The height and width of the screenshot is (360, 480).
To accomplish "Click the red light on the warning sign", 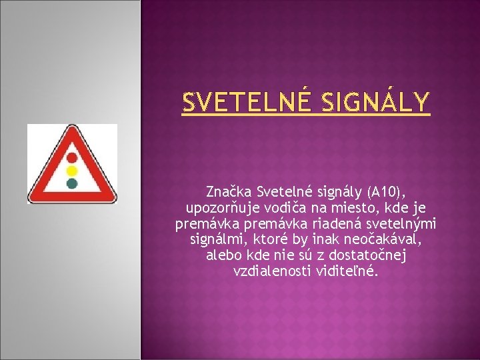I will [71, 157].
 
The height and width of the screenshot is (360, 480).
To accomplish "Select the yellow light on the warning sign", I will [71, 170].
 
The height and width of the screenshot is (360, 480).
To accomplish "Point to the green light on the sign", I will [71, 182].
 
